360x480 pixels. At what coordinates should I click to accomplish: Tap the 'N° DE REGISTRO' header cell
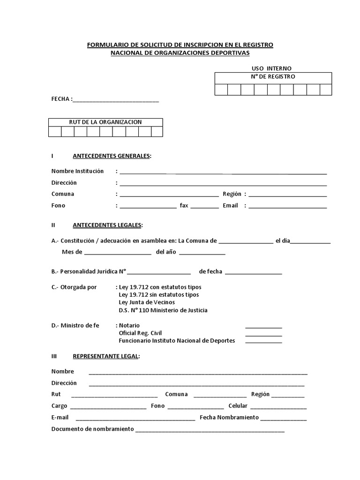(273, 77)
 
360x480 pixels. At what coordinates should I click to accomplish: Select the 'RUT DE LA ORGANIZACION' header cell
(105, 122)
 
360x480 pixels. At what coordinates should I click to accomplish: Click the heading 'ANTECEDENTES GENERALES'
(112, 156)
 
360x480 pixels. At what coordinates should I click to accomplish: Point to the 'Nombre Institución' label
(77, 171)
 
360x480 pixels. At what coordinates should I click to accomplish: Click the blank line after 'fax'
(204, 206)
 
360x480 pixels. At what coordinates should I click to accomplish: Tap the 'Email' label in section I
(231, 205)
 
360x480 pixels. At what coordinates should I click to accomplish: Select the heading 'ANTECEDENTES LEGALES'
(107, 225)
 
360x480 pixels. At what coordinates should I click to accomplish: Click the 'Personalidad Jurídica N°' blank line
(159, 272)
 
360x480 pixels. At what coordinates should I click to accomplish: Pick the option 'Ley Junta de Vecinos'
(147, 302)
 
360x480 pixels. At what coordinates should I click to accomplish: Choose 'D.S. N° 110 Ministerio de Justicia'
(163, 310)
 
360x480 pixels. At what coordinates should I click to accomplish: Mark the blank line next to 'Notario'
(263, 327)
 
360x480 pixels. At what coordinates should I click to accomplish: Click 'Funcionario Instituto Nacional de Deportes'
(177, 340)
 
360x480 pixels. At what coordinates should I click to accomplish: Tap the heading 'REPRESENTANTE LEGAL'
(106, 356)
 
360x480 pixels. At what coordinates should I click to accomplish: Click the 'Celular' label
(238, 406)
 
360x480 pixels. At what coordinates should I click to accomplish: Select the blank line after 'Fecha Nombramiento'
(284, 419)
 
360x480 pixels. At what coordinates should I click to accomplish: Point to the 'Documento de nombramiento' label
(92, 429)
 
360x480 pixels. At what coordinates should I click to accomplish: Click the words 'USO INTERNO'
(271, 68)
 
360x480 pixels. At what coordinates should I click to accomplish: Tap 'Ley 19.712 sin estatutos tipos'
(159, 294)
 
